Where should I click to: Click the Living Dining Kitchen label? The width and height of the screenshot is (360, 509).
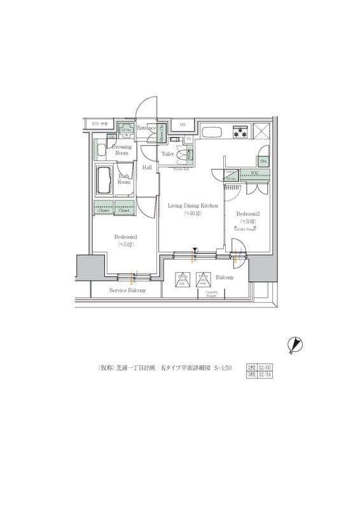tap(193, 206)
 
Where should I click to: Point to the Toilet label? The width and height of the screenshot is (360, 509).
tap(168, 154)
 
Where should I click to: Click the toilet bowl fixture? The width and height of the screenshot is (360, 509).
tap(188, 155)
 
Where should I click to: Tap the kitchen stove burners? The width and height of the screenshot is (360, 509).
tap(240, 132)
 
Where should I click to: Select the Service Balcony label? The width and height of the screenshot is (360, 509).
tap(127, 290)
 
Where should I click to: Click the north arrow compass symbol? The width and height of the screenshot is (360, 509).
tap(294, 344)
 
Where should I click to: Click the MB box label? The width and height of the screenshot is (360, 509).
tap(182, 125)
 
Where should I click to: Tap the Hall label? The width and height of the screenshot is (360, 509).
tap(147, 167)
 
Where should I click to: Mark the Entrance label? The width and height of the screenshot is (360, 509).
tap(146, 128)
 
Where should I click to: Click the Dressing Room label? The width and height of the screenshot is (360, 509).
tap(121, 150)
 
